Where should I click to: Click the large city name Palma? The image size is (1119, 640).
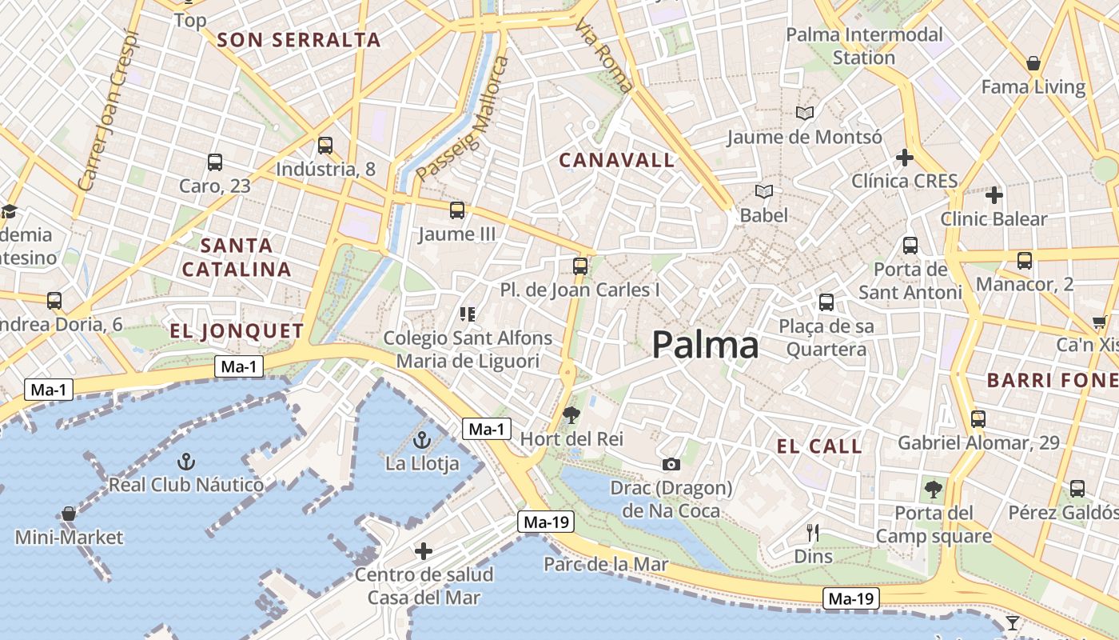tap(705, 345)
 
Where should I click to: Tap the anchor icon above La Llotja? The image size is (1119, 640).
tap(421, 439)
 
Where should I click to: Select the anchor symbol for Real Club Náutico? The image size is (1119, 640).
tap(185, 461)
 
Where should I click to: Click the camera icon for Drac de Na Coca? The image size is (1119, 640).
tap(671, 464)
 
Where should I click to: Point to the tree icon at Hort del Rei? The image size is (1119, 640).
tap(571, 414)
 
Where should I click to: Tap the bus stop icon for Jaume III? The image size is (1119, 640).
tap(456, 210)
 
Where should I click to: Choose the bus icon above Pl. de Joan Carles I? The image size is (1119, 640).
tap(580, 266)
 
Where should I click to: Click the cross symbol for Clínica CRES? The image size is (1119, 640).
tap(904, 158)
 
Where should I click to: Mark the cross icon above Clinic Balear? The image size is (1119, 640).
tap(994, 194)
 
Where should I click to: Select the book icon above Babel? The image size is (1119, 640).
tap(764, 191)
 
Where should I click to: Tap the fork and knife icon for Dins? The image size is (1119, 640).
tap(813, 532)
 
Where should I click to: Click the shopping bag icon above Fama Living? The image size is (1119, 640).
tap(1033, 63)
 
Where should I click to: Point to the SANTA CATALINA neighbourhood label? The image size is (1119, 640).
tap(237, 257)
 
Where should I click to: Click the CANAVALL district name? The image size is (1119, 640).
tap(616, 160)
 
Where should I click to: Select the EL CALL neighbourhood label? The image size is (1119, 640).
tap(819, 446)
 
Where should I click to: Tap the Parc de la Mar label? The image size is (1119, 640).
tap(605, 564)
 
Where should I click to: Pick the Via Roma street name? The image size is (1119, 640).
tap(603, 56)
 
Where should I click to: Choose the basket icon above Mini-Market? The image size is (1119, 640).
tap(69, 513)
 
